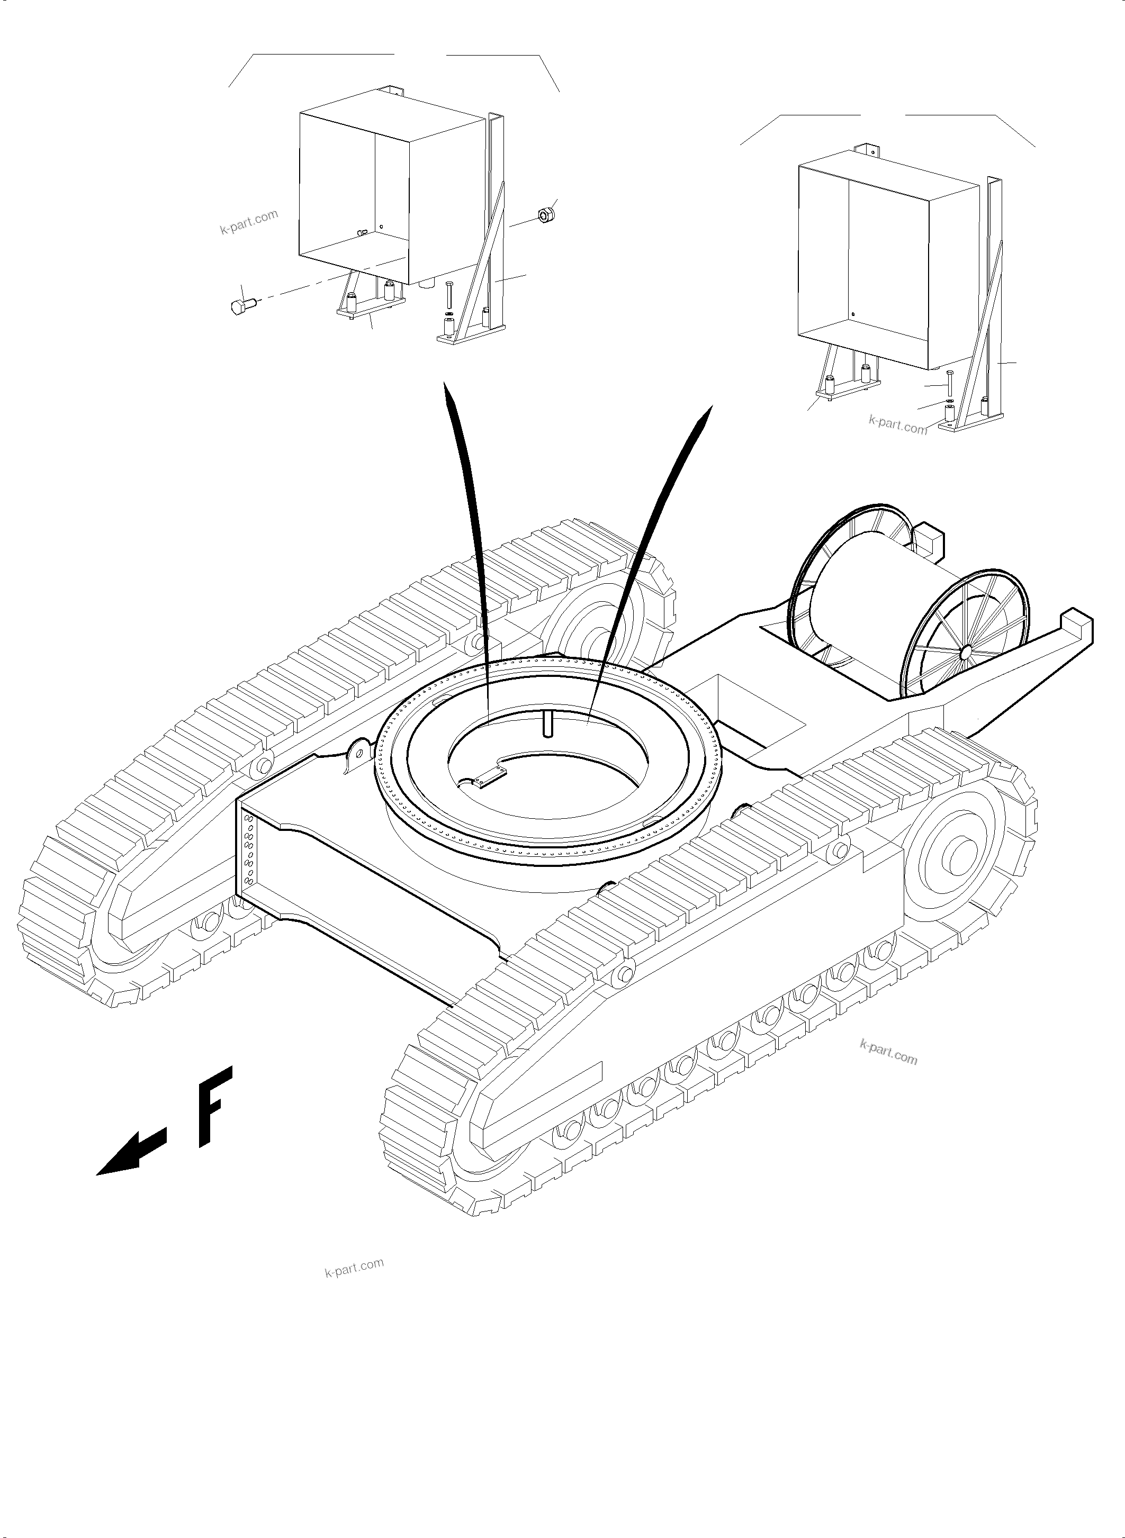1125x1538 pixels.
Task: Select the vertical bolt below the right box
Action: coord(949,385)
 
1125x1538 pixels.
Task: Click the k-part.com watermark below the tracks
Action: coord(354,1268)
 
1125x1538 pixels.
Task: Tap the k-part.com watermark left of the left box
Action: coord(249,222)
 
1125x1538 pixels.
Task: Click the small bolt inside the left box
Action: coord(362,233)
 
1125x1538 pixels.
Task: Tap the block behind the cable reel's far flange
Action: coord(927,539)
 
